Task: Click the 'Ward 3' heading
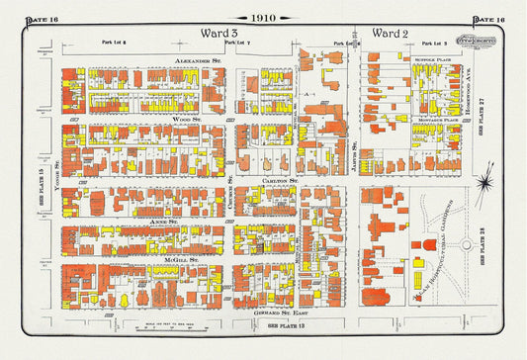tap(220, 33)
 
